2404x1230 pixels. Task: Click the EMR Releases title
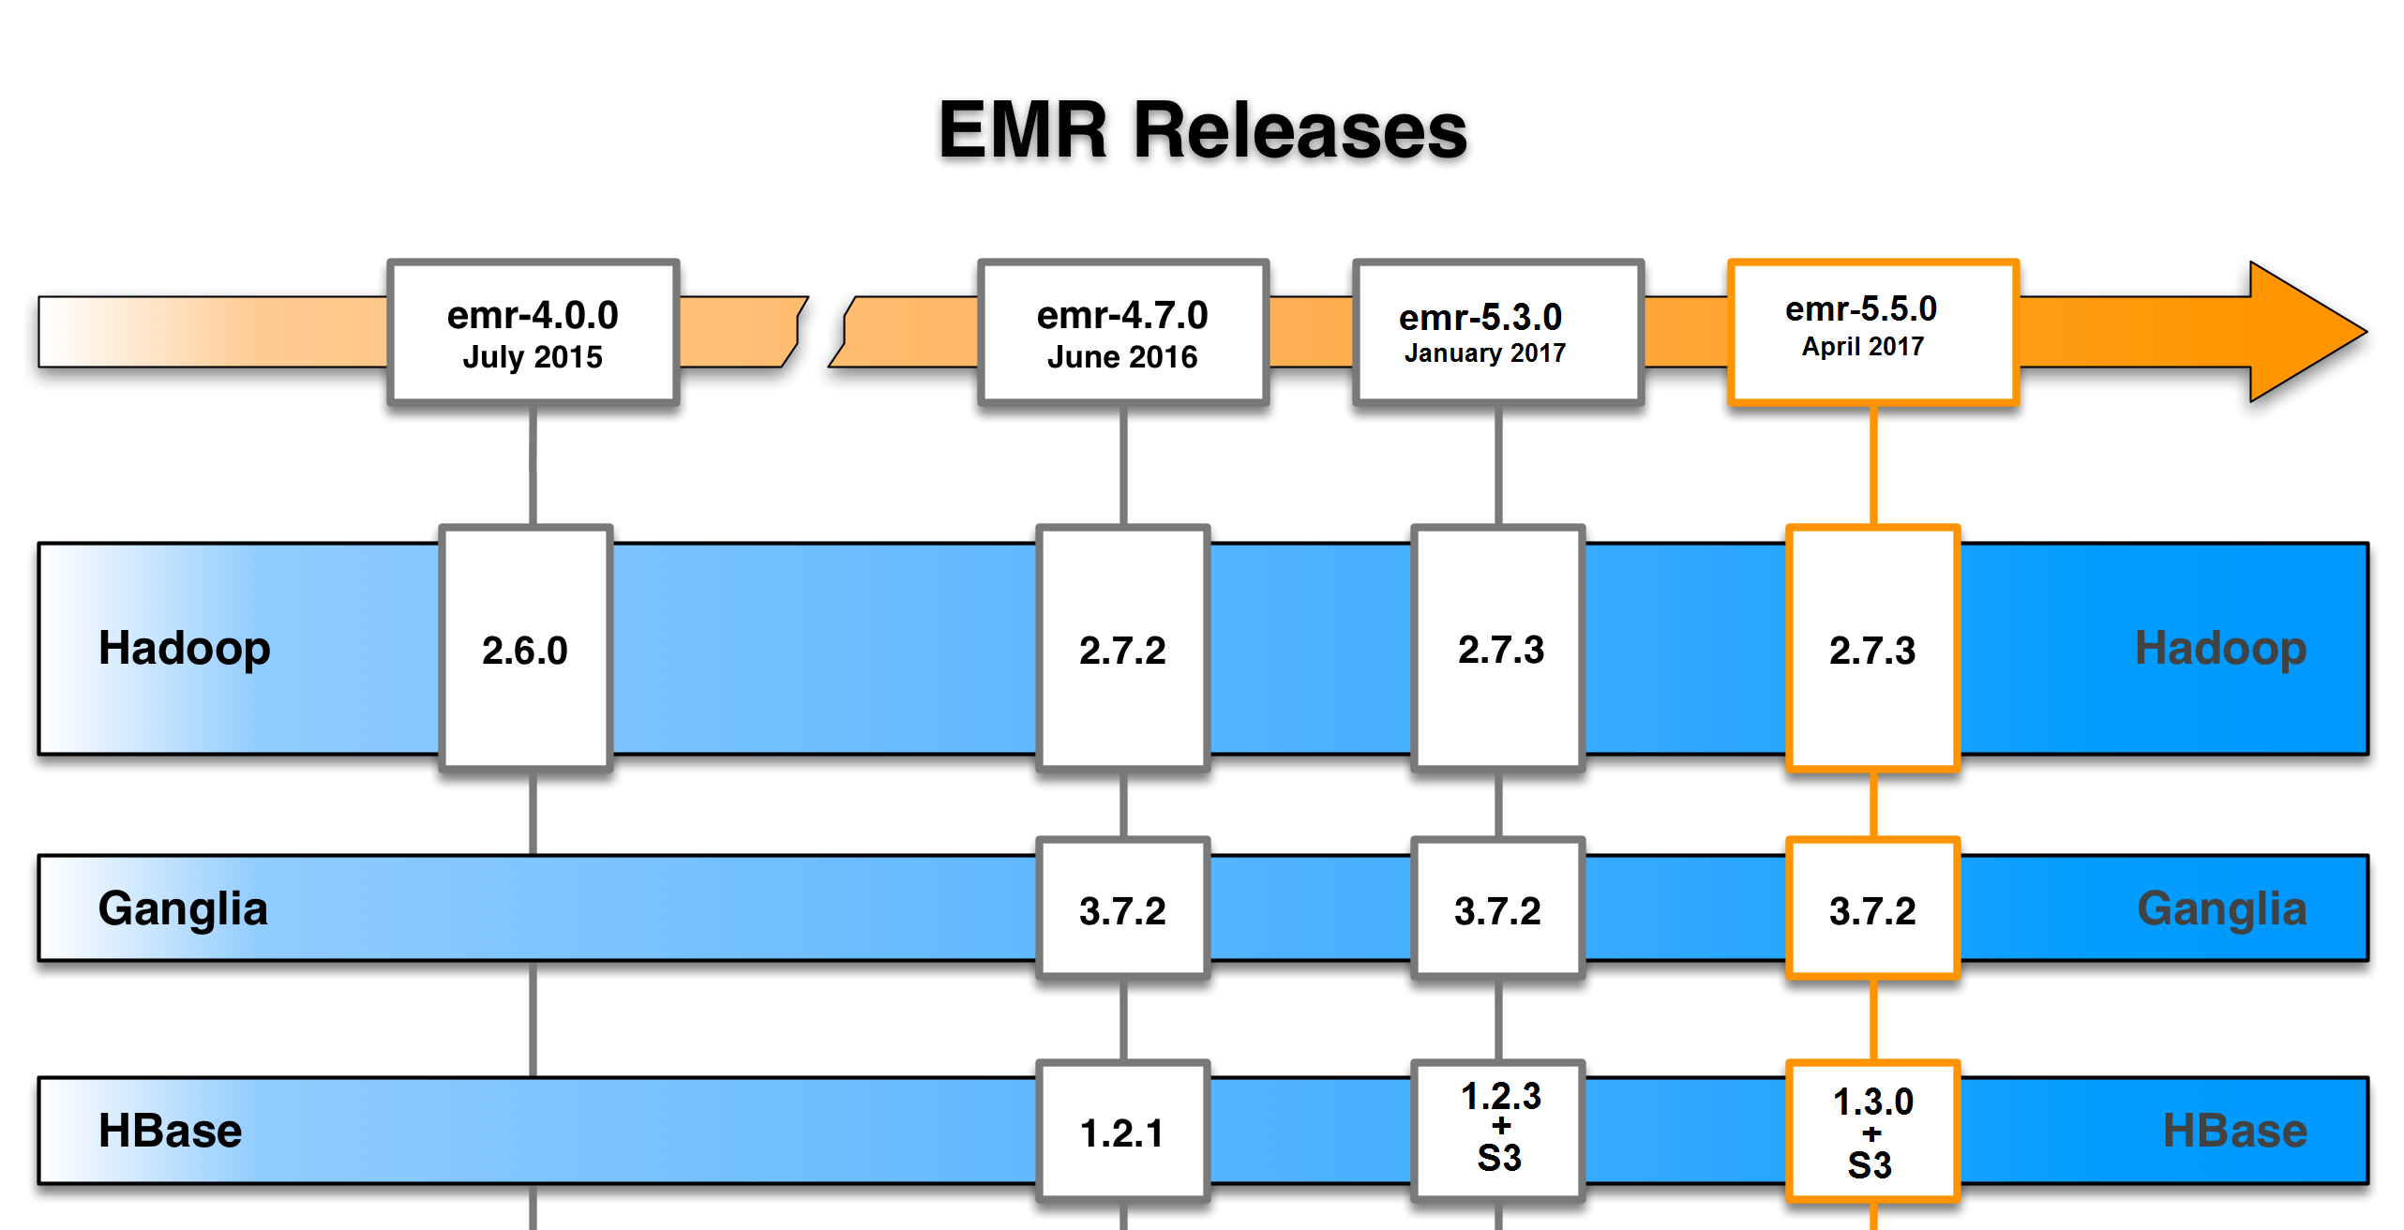pos(1202,130)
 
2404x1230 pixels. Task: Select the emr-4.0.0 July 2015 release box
pos(533,333)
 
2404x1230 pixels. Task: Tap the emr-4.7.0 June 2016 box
pos(1122,333)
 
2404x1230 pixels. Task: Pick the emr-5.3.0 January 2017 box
pos(1497,333)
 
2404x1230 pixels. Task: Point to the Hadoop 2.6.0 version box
pos(525,649)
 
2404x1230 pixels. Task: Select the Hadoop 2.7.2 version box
pos(1122,649)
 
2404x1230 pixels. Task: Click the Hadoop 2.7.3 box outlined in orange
pos(1872,649)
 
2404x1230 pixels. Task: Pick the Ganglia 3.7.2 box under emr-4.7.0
pos(1122,909)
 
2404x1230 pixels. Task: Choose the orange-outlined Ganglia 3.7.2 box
pos(1872,909)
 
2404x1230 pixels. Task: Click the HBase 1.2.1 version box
pos(1122,1132)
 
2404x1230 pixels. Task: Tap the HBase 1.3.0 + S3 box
pos(1872,1132)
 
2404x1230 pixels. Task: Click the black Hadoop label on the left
pos(185,648)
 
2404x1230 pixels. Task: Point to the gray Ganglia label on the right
pos(2221,908)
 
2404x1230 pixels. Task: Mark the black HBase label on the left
pos(171,1131)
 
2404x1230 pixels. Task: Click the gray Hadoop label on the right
pos(2220,648)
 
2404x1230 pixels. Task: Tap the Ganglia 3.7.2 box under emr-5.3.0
pos(1497,909)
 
